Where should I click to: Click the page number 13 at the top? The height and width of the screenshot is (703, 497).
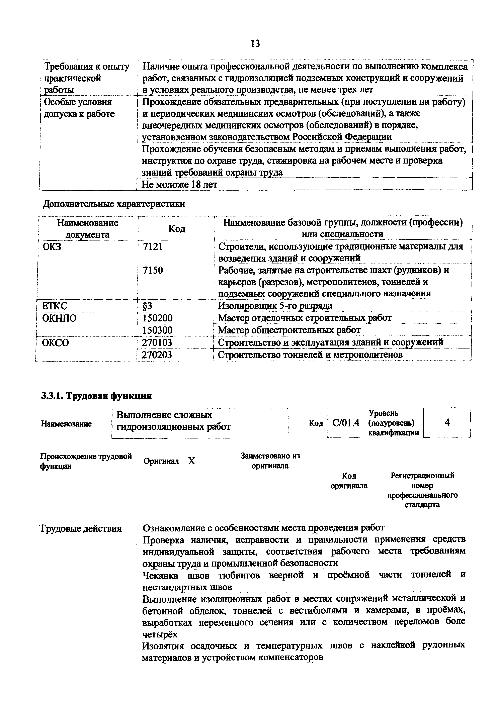(x=255, y=44)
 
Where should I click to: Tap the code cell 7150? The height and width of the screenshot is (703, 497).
(x=153, y=270)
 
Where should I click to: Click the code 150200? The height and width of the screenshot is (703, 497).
(x=157, y=318)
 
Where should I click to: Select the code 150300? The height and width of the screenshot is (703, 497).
(x=157, y=330)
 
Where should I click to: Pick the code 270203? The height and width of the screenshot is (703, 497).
(x=157, y=355)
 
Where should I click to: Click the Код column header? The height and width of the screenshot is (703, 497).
(x=177, y=229)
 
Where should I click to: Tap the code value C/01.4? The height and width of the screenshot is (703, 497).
(x=345, y=423)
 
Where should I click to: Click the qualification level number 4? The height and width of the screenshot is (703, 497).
(x=447, y=422)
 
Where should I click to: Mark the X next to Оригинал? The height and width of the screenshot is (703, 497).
(x=191, y=461)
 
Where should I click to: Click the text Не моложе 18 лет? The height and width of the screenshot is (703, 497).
(x=179, y=185)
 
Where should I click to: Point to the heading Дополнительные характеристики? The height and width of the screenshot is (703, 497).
(x=114, y=204)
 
